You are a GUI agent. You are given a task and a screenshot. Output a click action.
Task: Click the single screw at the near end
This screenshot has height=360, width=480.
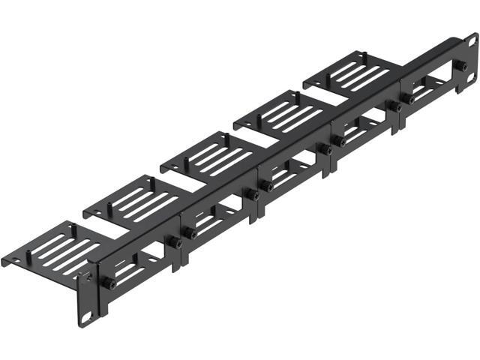[x=108, y=284]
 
